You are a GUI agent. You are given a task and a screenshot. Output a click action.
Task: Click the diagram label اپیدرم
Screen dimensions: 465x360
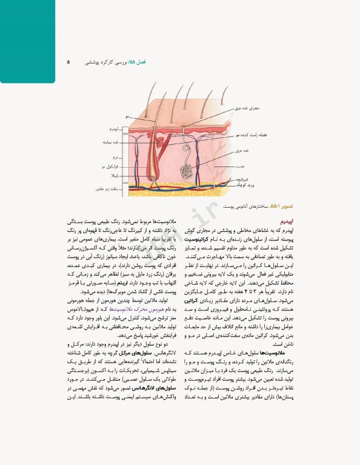[x=115, y=130]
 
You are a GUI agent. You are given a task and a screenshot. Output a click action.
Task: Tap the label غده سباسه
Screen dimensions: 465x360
[x=112, y=142]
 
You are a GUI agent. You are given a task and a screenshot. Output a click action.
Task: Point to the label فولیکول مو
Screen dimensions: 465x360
[x=112, y=165]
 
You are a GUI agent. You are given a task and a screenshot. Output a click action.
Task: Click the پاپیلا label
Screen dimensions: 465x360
[x=115, y=174]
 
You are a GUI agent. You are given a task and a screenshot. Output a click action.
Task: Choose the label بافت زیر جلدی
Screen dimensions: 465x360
[x=110, y=190]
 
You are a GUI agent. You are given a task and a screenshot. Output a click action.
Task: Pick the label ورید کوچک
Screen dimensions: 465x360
[x=240, y=184]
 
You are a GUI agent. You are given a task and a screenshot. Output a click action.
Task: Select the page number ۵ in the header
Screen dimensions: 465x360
[x=68, y=62]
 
